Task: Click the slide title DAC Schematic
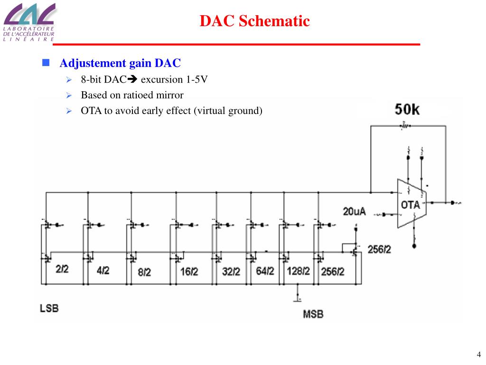pos(254,21)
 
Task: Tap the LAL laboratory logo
pos(28,21)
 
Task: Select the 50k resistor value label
pos(407,109)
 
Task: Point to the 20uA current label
pos(355,211)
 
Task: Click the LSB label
pos(49,308)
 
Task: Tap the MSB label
pos(313,314)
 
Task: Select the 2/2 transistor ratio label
pos(62,269)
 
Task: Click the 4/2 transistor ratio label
pos(103,270)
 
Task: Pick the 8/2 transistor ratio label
pos(144,272)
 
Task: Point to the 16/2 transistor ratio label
pos(189,272)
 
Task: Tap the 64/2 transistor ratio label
pos(265,271)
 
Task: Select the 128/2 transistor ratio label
pos(298,271)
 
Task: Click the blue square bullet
pos(46,63)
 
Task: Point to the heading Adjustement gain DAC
pos(121,63)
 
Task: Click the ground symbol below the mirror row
pos(298,299)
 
